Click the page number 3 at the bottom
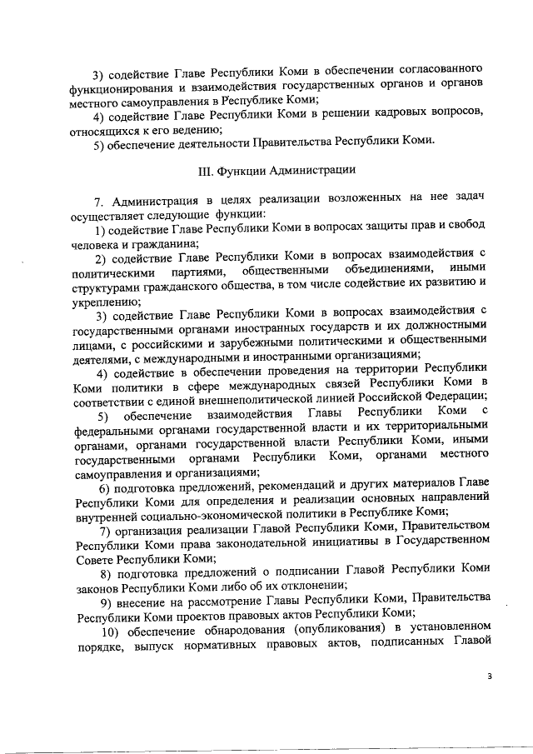coord(491,677)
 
